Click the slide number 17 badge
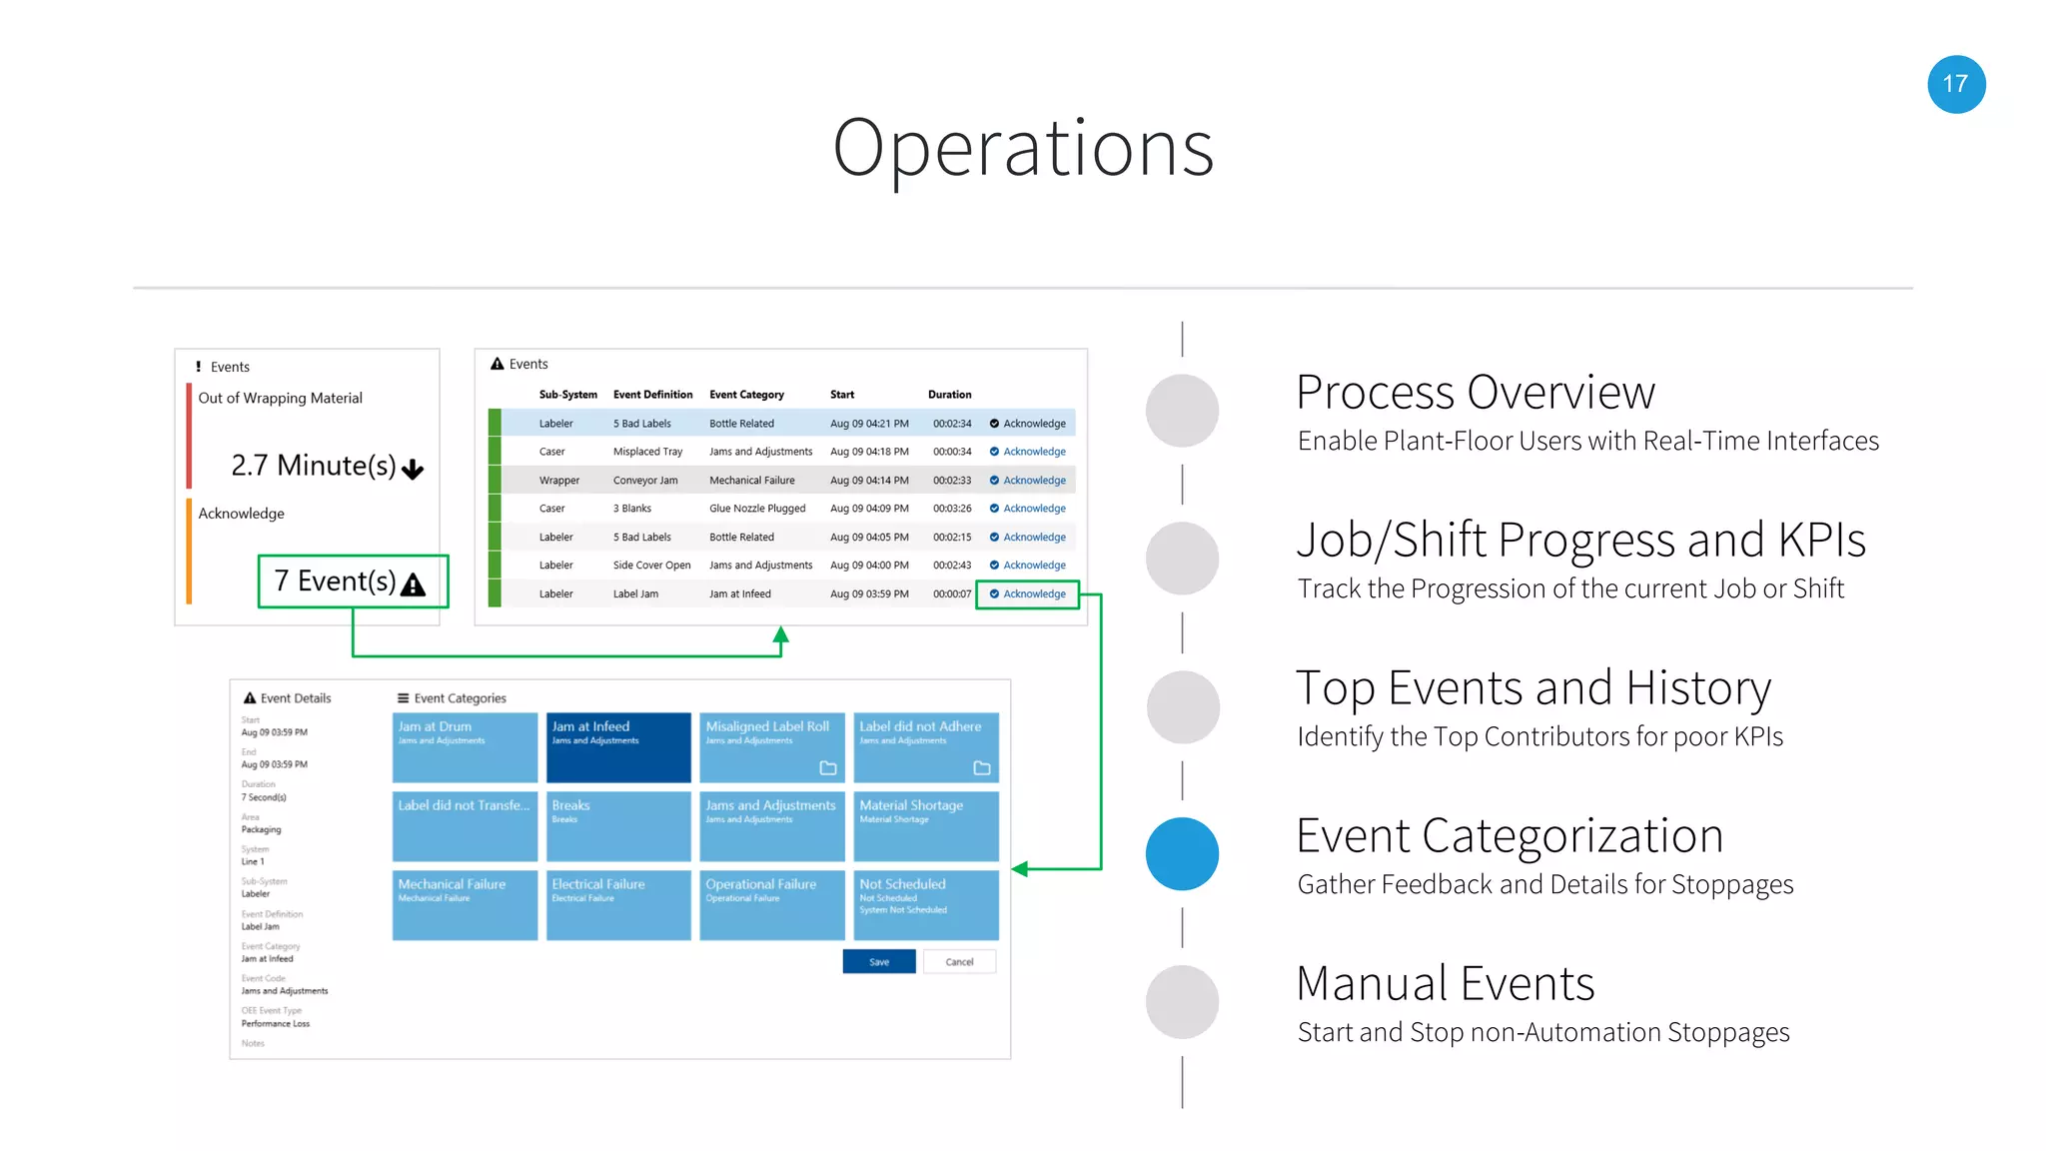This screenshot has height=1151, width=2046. point(1955,84)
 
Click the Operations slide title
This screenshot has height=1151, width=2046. point(1022,148)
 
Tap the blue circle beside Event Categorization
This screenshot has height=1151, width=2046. point(1182,853)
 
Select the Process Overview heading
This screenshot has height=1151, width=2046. point(1475,392)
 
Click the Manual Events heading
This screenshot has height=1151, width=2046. point(1445,983)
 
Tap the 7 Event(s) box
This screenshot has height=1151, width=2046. point(353,581)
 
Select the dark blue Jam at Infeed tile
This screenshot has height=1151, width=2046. point(618,746)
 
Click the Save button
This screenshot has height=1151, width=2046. point(878,962)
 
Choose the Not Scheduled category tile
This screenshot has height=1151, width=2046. point(925,904)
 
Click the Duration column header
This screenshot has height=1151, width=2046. point(949,395)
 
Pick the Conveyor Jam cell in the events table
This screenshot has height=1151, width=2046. point(645,481)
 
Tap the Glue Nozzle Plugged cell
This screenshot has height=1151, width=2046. point(757,509)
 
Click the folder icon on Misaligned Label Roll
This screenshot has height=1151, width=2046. point(828,768)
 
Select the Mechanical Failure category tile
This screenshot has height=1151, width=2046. point(465,904)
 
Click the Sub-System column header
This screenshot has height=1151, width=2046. point(567,395)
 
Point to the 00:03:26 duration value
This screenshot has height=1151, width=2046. point(951,509)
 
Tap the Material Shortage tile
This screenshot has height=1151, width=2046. point(925,825)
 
